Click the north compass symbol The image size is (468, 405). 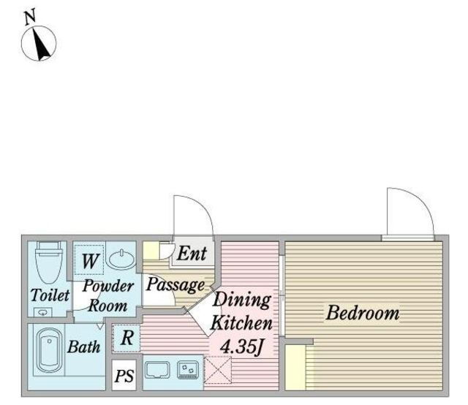(x=39, y=43)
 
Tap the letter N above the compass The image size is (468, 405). (x=30, y=17)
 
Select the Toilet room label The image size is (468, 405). (x=50, y=295)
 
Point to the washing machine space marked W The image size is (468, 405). (x=89, y=260)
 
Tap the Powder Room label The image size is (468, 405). (x=108, y=296)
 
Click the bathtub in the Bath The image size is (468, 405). (x=49, y=350)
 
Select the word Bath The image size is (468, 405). (x=84, y=347)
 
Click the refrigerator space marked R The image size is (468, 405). (x=127, y=338)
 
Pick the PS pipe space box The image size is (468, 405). (x=124, y=375)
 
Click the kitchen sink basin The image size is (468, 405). (x=157, y=370)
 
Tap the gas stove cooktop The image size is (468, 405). (x=188, y=370)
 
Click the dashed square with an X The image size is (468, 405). (x=218, y=370)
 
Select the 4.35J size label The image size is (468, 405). (x=242, y=347)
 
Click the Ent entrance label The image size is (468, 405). (x=192, y=254)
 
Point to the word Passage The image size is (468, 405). (x=175, y=285)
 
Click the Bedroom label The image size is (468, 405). (x=363, y=313)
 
